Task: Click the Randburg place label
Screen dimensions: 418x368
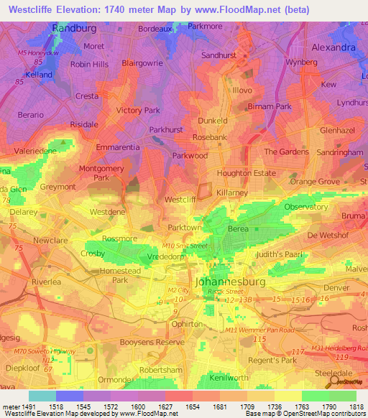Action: tap(74, 28)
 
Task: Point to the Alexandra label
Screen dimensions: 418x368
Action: tap(334, 47)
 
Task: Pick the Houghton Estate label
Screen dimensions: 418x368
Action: tap(247, 173)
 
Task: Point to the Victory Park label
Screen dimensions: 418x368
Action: tap(138, 111)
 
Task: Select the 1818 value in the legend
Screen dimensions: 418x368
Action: tap(354, 406)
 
